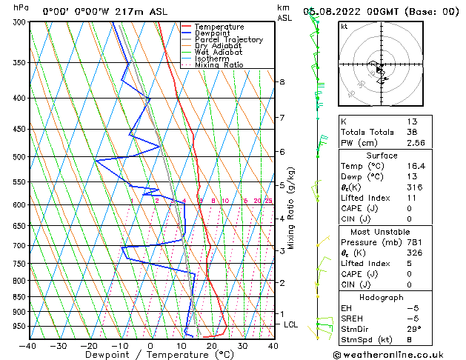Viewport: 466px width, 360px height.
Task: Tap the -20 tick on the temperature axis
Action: click(89, 346)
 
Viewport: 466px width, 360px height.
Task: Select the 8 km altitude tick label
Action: click(282, 81)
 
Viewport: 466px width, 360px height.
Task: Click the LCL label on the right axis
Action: click(291, 324)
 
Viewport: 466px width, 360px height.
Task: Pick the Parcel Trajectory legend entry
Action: click(228, 39)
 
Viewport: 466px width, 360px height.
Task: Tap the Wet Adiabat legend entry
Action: click(219, 53)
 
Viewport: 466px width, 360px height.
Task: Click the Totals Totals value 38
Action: click(413, 132)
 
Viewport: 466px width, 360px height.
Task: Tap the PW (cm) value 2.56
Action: click(416, 143)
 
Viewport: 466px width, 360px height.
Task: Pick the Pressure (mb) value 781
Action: click(413, 242)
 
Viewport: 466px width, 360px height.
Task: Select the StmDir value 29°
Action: click(413, 330)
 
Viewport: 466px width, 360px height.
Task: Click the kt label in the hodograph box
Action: click(344, 26)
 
